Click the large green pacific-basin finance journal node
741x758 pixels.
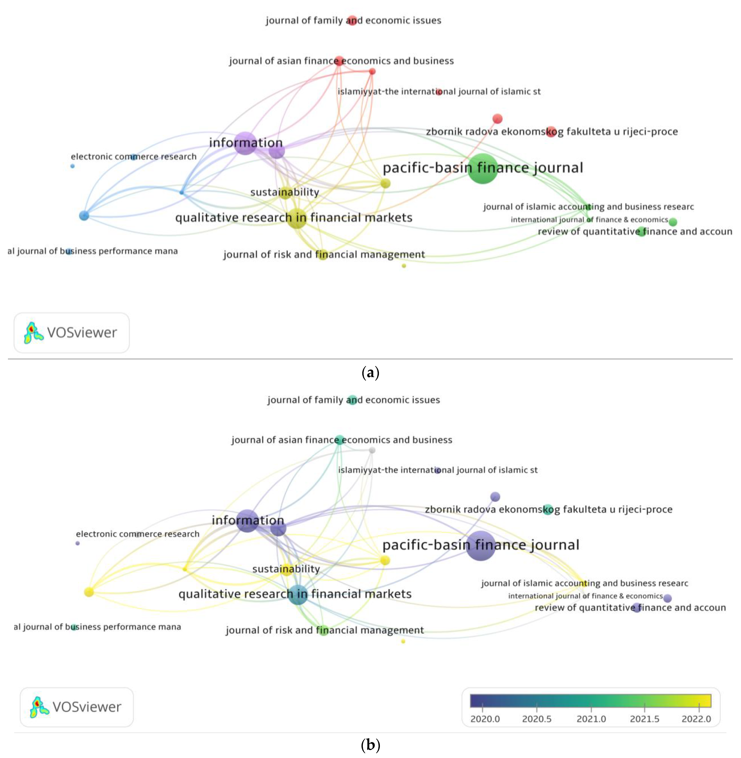[x=483, y=168]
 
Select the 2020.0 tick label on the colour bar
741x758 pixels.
[x=485, y=719]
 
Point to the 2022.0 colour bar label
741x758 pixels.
[x=696, y=719]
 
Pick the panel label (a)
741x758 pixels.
[x=370, y=373]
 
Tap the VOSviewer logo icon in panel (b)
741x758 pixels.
[x=39, y=707]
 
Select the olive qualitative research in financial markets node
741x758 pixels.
[x=297, y=218]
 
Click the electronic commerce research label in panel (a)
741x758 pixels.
[x=133, y=156]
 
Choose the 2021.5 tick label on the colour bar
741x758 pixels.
[x=644, y=719]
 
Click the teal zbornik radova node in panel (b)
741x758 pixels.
[x=548, y=509]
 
